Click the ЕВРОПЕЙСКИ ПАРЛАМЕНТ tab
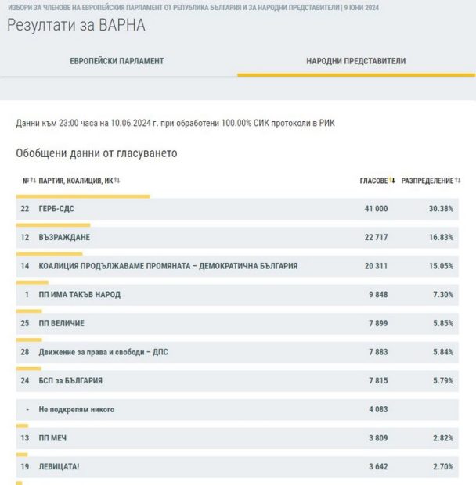pyautogui.click(x=117, y=61)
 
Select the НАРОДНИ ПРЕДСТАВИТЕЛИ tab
pyautogui.click(x=356, y=61)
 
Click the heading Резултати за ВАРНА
pyautogui.click(x=76, y=25)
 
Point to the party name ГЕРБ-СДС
pyautogui.click(x=56, y=209)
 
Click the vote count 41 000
pyautogui.click(x=375, y=209)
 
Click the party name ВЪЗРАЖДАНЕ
pyautogui.click(x=64, y=238)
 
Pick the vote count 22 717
pyautogui.click(x=375, y=238)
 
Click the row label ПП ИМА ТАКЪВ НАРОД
pyautogui.click(x=79, y=295)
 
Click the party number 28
pyautogui.click(x=25, y=352)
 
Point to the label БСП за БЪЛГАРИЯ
pyautogui.click(x=70, y=381)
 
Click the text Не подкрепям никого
pyautogui.click(x=76, y=409)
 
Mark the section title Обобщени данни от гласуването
pyautogui.click(x=96, y=153)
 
